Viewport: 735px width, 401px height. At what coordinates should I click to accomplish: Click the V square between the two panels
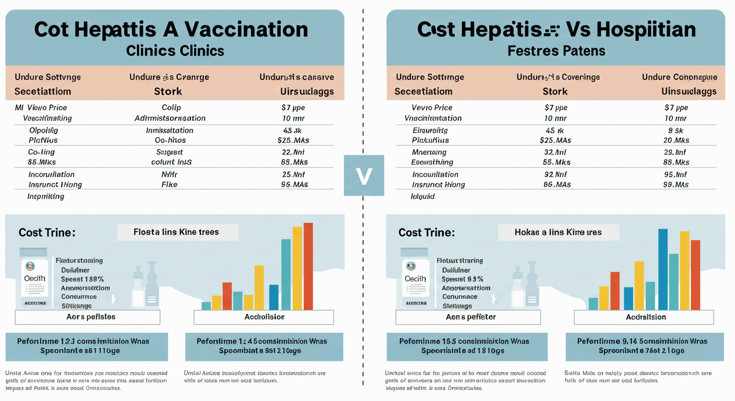[x=364, y=175]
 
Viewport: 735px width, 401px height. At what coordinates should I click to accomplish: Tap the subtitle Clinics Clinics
[x=175, y=51]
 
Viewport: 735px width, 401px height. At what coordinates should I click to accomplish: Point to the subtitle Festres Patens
[x=556, y=51]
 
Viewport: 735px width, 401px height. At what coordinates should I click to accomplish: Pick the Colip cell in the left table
[x=171, y=108]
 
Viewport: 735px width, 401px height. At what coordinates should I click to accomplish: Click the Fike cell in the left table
[x=169, y=184]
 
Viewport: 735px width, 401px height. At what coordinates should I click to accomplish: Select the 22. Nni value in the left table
[x=293, y=152]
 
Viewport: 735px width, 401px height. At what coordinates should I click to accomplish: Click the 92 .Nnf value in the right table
[x=555, y=174]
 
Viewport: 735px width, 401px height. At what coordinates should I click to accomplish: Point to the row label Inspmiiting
[x=45, y=197]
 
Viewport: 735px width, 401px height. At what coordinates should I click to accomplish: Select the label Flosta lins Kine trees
[x=177, y=232]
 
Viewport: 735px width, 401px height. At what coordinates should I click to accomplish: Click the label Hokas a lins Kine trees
[x=558, y=232]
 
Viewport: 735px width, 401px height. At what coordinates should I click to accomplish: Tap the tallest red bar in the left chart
[x=308, y=266]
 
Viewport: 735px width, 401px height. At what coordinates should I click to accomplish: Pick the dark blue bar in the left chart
[x=274, y=297]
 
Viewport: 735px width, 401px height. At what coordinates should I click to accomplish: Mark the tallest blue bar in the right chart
[x=663, y=269]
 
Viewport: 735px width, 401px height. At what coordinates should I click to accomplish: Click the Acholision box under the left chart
[x=264, y=317]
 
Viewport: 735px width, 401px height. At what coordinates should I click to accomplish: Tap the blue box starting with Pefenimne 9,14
[x=644, y=346]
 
